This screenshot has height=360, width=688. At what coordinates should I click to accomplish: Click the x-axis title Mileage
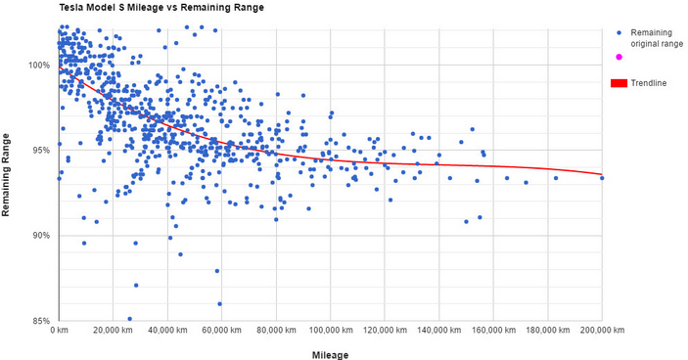330,353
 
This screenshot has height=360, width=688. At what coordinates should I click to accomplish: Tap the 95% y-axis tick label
42,151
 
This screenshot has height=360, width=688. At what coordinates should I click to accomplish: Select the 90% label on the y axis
42,236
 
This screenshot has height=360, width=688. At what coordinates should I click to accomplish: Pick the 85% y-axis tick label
42,321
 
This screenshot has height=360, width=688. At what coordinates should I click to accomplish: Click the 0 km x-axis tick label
61,332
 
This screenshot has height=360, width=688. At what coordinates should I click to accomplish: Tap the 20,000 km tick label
115,332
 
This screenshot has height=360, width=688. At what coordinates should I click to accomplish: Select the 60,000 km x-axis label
223,332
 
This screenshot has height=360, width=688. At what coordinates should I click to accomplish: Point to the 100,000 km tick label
331,332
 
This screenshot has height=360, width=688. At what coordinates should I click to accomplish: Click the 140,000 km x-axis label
439,332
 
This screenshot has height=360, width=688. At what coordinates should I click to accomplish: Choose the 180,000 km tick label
547,332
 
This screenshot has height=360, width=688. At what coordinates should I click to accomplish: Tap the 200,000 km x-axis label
601,332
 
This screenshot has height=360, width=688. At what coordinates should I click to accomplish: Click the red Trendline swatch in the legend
618,83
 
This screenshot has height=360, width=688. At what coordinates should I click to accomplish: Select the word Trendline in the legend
649,83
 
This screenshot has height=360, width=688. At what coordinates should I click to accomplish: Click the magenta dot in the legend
618,57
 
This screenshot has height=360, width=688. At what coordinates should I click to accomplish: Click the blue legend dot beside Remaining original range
618,33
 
